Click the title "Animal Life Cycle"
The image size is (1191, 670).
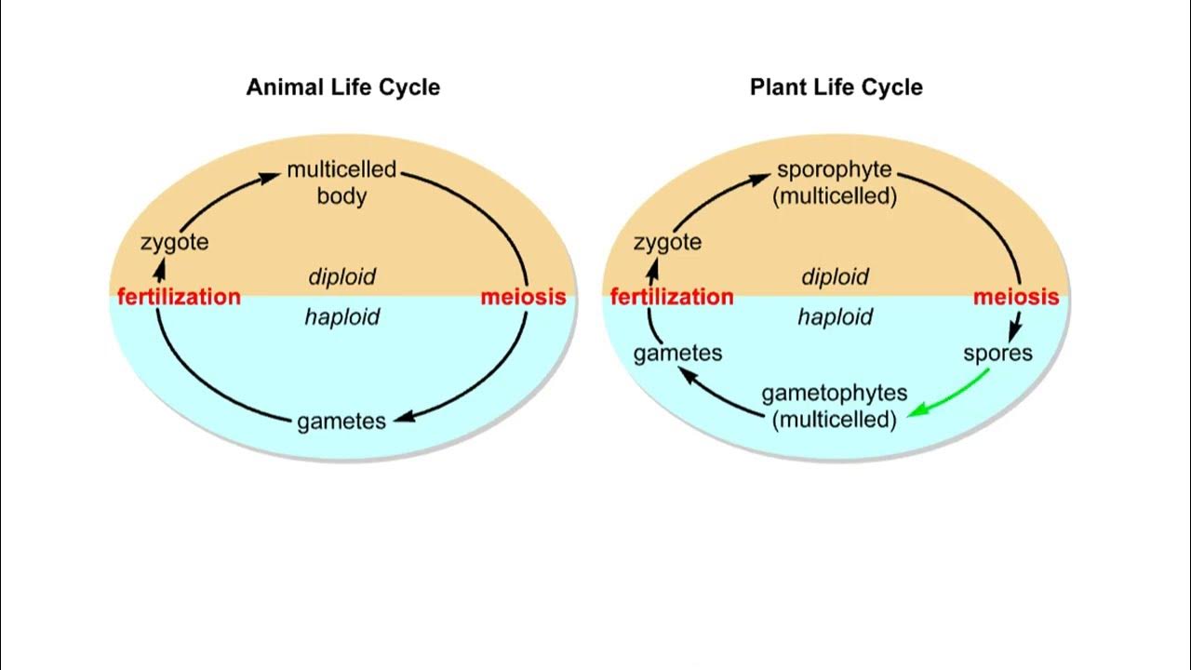click(342, 87)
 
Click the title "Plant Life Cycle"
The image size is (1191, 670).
click(836, 87)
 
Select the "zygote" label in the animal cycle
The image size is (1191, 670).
click(174, 243)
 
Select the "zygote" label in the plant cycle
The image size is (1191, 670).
click(667, 243)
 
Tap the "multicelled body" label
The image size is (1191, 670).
click(341, 182)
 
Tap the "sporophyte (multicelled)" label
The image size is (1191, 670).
click(835, 182)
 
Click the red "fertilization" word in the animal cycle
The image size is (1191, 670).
click(179, 298)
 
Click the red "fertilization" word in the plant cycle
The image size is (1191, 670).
click(672, 298)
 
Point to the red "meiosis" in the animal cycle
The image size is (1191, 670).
click(523, 298)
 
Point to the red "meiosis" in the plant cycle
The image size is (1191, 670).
click(1016, 298)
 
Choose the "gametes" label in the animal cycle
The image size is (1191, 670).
click(341, 422)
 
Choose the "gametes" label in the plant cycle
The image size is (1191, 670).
click(677, 354)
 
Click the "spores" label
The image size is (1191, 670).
click(997, 354)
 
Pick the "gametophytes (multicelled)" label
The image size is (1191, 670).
click(835, 406)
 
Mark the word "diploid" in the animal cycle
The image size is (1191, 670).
click(341, 277)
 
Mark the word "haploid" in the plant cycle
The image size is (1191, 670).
click(835, 317)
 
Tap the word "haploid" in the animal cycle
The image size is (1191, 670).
click(341, 317)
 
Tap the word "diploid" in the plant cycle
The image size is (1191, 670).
click(835, 277)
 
